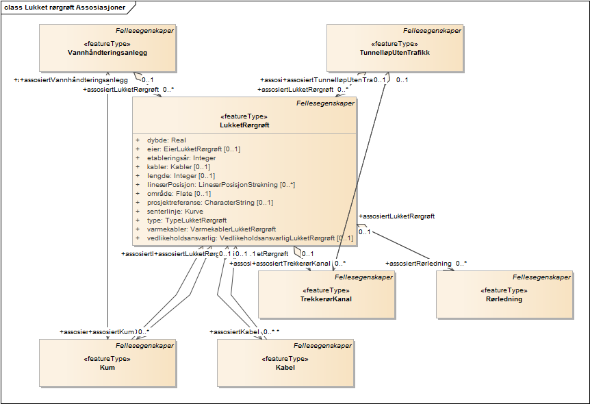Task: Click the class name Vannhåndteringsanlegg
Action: coord(107,53)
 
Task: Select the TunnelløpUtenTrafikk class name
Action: coord(395,53)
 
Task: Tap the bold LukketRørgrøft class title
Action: coord(244,125)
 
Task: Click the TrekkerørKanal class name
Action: coord(326,299)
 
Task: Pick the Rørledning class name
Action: coord(504,299)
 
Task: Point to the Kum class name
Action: coord(107,368)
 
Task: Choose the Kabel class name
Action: coord(285,368)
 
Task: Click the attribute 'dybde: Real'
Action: coord(166,140)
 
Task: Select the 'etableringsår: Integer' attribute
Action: coord(181,158)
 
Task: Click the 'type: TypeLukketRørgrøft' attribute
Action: coord(186,220)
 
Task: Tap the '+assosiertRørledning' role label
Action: coord(419,263)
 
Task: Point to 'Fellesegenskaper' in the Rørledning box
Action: coord(541,277)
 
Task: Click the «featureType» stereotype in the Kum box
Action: coord(107,359)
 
